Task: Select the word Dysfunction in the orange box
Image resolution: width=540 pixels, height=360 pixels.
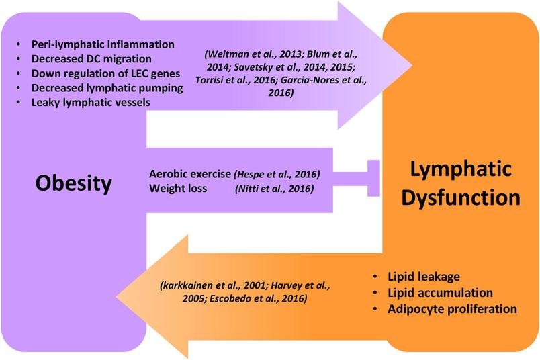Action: coord(458,199)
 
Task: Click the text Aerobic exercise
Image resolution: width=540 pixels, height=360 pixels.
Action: coord(190,175)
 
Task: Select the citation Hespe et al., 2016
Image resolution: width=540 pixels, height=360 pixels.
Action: coord(277,175)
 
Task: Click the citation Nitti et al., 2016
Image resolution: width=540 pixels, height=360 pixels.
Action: coord(275,189)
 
